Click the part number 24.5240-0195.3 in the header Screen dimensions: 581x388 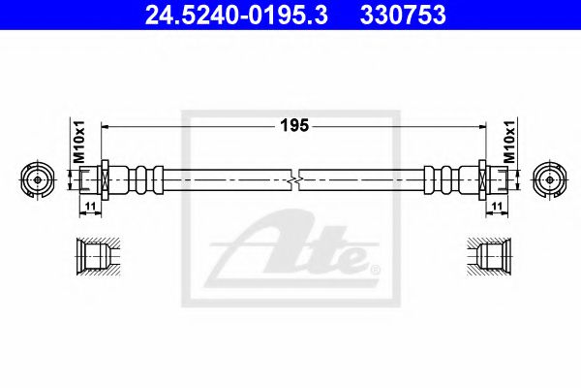pyautogui.click(x=236, y=15)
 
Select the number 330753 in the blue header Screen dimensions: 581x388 pyautogui.click(x=403, y=15)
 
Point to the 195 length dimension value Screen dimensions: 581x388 pyautogui.click(x=294, y=125)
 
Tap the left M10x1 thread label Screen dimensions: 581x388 pyautogui.click(x=79, y=142)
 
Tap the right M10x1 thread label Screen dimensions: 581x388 pyautogui.click(x=509, y=142)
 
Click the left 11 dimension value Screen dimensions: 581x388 pyautogui.click(x=90, y=206)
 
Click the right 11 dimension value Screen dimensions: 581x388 pyautogui.click(x=497, y=206)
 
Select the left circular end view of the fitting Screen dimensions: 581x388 pyautogui.click(x=38, y=180)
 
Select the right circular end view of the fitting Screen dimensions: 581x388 pyautogui.click(x=550, y=180)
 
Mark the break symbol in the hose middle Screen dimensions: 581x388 pyautogui.click(x=294, y=180)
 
